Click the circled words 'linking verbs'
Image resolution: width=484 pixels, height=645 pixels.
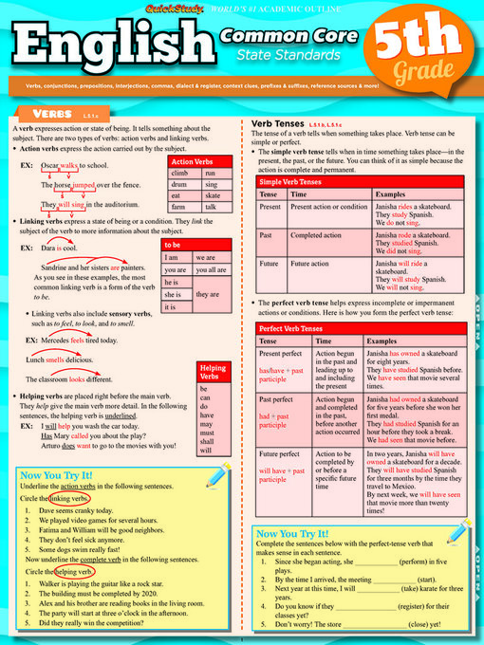click(70, 498)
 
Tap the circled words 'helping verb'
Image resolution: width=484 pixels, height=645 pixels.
click(77, 573)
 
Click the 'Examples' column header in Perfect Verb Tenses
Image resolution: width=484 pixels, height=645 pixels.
click(382, 340)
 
